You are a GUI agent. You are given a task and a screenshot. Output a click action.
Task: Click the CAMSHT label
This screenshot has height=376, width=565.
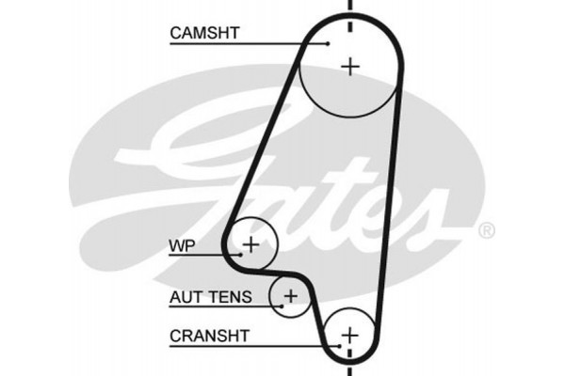[204, 33]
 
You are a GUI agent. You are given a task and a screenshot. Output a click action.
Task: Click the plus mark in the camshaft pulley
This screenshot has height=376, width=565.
[350, 66]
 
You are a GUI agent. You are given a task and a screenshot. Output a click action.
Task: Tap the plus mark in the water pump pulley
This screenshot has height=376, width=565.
[250, 246]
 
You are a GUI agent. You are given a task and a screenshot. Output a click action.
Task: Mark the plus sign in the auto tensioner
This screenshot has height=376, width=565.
[291, 297]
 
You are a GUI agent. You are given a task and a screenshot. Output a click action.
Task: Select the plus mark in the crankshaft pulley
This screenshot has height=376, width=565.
[349, 335]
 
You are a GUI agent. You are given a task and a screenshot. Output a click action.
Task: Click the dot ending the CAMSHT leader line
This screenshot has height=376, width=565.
[328, 42]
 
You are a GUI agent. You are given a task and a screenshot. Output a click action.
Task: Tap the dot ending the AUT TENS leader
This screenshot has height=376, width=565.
[280, 303]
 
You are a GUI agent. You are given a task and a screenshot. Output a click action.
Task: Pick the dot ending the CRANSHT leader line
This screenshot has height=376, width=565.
[330, 335]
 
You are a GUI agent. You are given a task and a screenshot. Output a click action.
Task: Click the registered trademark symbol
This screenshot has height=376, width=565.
[486, 230]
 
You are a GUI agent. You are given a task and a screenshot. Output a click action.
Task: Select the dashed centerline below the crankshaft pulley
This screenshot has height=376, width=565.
[350, 368]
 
